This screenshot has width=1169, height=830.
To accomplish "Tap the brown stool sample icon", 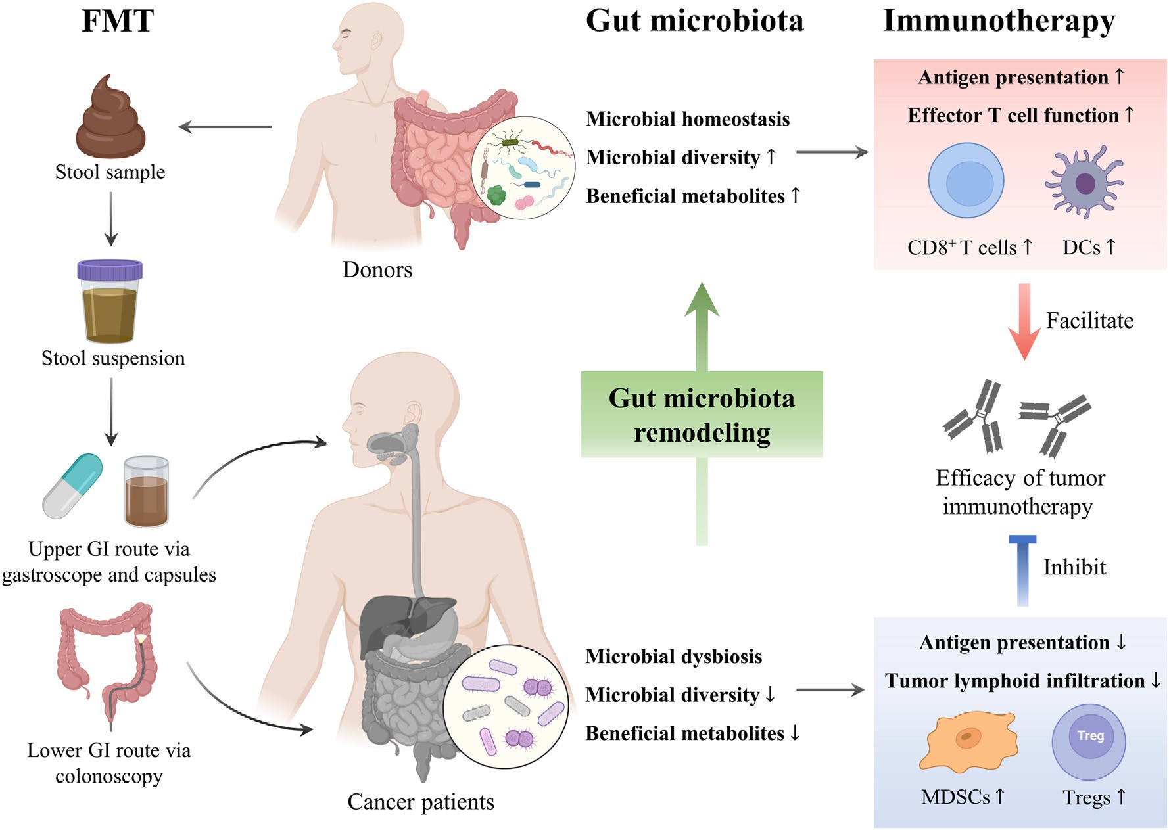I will [110, 118].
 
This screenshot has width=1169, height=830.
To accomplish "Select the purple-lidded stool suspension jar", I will [110, 302].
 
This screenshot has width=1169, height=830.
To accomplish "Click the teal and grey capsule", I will [72, 486].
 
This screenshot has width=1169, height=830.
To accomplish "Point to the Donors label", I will [377, 269].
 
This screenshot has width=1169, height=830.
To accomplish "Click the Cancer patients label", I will [421, 802].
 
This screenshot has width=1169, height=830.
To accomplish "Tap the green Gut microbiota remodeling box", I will [702, 415].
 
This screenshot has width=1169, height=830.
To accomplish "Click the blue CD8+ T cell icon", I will [966, 180].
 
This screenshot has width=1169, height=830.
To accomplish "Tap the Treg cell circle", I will [1089, 741].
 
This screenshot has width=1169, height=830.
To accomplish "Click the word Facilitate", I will [1089, 321].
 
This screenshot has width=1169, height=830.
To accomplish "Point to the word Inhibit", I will [1074, 567].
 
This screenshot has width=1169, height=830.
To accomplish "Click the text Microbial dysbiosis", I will [673, 657].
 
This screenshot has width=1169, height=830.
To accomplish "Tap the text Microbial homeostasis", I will [688, 119].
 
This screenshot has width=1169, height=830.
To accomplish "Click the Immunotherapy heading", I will [999, 21].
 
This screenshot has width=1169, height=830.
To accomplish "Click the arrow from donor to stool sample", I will [226, 127].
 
